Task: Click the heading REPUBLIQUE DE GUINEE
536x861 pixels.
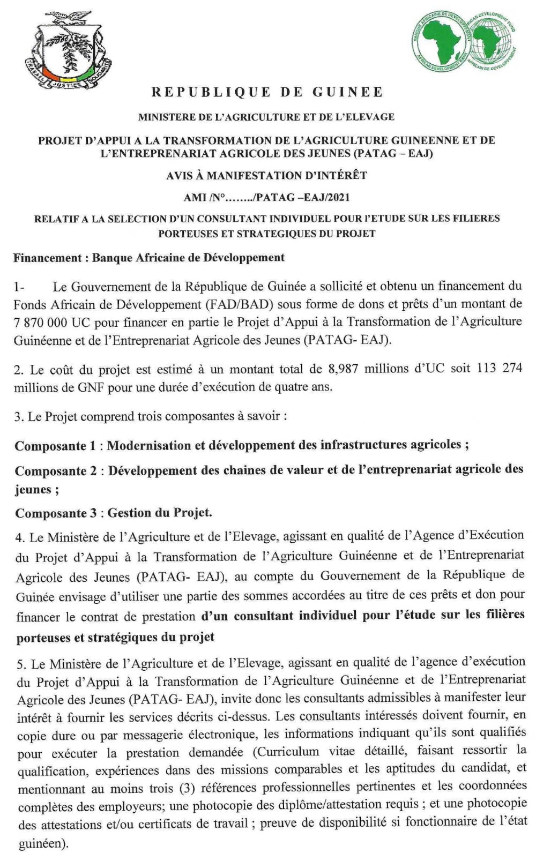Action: point(267,92)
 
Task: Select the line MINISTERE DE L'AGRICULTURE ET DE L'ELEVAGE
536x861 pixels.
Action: point(266,117)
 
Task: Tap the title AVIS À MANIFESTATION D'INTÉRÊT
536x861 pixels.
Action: point(266,175)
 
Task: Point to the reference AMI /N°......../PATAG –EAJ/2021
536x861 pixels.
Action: point(266,197)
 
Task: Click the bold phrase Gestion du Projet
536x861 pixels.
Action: point(160,513)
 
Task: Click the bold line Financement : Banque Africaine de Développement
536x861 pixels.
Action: point(149,258)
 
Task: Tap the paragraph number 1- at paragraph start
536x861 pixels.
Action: point(20,287)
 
